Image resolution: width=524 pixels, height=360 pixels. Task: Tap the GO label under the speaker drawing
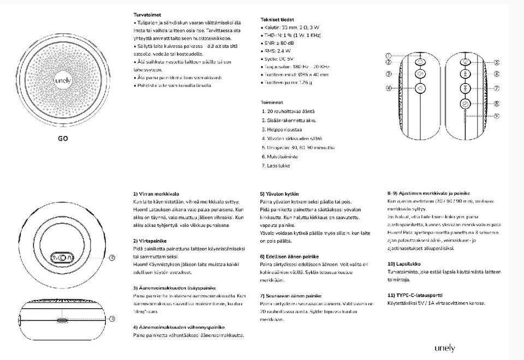click(63, 138)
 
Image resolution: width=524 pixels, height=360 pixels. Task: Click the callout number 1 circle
click(389, 55)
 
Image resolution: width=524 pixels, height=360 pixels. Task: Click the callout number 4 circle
click(389, 88)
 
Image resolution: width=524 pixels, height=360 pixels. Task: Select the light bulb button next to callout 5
click(465, 63)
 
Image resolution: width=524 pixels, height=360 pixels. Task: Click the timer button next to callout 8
click(465, 103)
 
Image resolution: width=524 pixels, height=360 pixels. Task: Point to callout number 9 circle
click(496, 116)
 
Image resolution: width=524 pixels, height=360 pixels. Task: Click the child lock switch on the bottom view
click(63, 258)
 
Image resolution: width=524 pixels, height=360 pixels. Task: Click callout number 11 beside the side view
click(112, 319)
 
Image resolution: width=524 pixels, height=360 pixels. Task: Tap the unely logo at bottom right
click(445, 348)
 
